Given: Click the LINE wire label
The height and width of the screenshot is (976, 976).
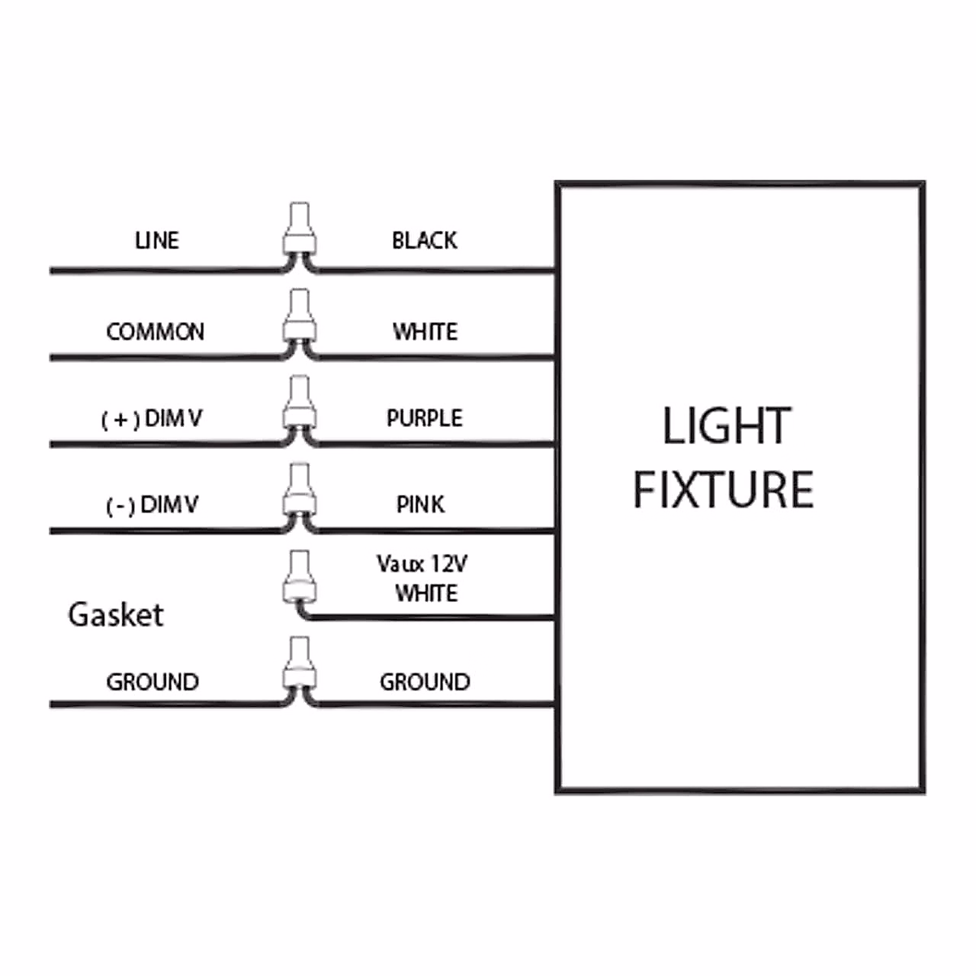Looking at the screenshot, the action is coord(156,241).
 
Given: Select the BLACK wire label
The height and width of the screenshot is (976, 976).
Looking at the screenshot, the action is coord(424,241).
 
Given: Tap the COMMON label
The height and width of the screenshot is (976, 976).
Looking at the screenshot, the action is coord(155,332).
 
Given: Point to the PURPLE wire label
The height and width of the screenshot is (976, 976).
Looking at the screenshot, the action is coord(424,418).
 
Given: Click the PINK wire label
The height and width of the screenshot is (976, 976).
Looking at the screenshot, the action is coord(420,505).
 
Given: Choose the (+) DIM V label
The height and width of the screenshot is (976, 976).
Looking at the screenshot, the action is coord(151,419).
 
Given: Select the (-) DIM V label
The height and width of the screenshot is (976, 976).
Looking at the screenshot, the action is coord(152,505).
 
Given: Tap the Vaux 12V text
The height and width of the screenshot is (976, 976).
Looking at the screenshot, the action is coord(421,564).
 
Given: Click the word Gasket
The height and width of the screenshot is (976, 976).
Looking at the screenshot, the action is coord(115,614).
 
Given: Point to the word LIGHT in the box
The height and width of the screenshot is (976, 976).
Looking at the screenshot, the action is coord(725,426).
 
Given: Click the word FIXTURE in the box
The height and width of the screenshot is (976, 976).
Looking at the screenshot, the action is coord(723,490).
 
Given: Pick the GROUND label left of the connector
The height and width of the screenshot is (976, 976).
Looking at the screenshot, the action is coord(152,682).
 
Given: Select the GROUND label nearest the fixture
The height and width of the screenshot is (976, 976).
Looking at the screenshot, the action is coord(425,682).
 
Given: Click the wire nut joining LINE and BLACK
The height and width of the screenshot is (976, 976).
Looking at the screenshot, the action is coord(298,230).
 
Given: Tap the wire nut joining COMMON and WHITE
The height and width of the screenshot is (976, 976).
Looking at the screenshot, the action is coord(298,317).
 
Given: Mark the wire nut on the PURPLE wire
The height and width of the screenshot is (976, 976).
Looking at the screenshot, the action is coord(298,403).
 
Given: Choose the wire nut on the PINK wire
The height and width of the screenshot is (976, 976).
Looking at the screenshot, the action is coord(298,491).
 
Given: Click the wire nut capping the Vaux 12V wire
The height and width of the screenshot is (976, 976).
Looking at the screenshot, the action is coord(298,577).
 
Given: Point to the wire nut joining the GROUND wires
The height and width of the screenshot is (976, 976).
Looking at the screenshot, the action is coord(298,665).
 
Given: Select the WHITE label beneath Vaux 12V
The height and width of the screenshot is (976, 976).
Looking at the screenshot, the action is coord(425,594).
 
